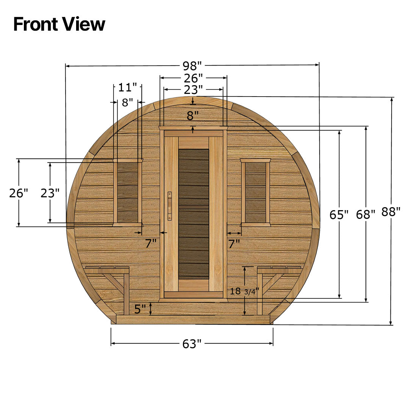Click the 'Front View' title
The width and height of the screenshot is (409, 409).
pyautogui.click(x=59, y=24)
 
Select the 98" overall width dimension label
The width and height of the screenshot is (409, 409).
pyautogui.click(x=193, y=66)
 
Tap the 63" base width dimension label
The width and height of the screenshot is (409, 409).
pyautogui.click(x=192, y=344)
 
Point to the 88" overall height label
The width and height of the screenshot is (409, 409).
pyautogui.click(x=391, y=212)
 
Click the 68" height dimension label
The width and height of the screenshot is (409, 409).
pyautogui.click(x=365, y=215)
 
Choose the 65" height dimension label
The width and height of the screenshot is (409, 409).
pyautogui.click(x=339, y=215)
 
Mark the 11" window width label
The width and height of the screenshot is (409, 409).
pyautogui.click(x=127, y=87)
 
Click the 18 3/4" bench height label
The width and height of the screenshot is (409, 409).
pyautogui.click(x=244, y=291)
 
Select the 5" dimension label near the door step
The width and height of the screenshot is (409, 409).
pyautogui.click(x=140, y=309)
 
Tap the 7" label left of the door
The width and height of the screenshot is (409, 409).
pyautogui.click(x=151, y=244)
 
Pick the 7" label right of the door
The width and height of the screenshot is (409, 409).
pyautogui.click(x=234, y=244)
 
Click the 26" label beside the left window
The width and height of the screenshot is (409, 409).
pyautogui.click(x=19, y=193)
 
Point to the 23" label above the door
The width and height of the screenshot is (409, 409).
pyautogui.click(x=193, y=90)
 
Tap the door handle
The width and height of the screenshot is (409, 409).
pyautogui.click(x=170, y=205)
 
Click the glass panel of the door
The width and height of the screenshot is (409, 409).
pyautogui.click(x=194, y=214)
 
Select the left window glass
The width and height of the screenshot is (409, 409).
pyautogui.click(x=127, y=192)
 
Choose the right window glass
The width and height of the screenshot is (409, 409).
pyautogui.click(x=256, y=192)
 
